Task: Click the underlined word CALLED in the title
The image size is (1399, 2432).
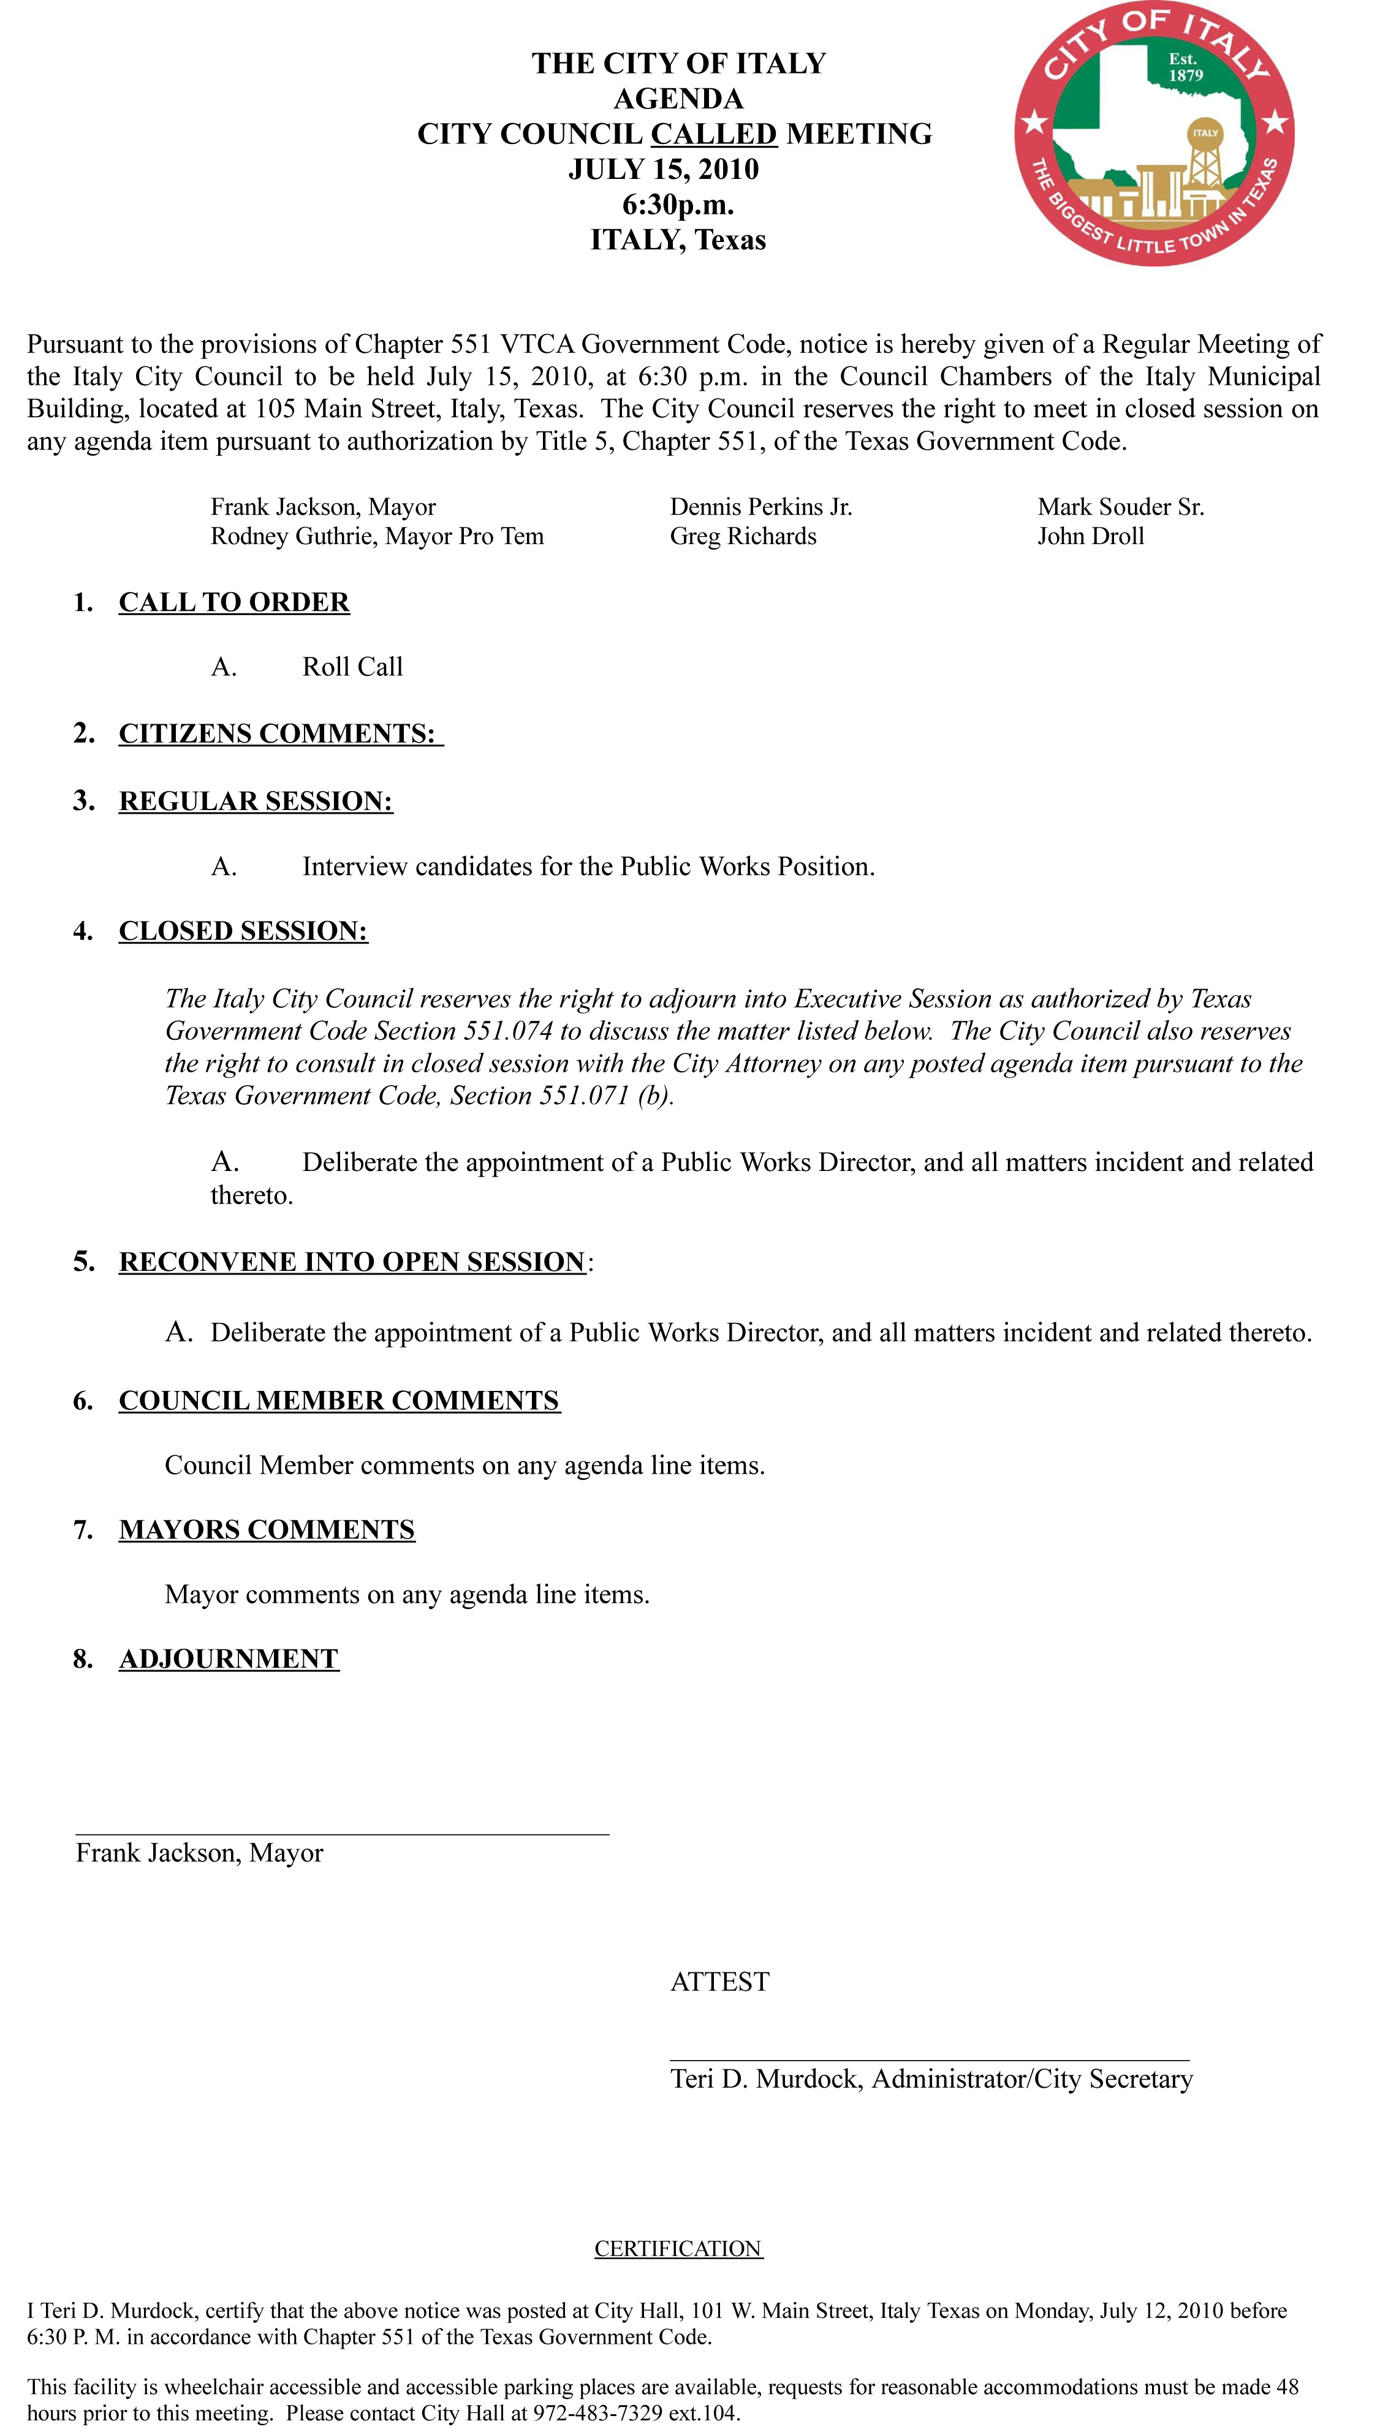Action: [714, 134]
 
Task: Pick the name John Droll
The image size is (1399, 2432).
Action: [1091, 536]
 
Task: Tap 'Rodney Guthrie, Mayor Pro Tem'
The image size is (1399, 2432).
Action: [377, 536]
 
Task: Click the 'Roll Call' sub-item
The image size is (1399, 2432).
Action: [352, 667]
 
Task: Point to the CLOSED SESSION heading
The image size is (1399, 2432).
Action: [243, 931]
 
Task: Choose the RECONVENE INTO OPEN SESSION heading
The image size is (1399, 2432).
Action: [352, 1262]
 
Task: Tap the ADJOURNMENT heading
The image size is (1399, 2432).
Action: [229, 1659]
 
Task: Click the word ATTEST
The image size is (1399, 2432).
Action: [719, 1982]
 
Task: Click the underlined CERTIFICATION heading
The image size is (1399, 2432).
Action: [678, 2249]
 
